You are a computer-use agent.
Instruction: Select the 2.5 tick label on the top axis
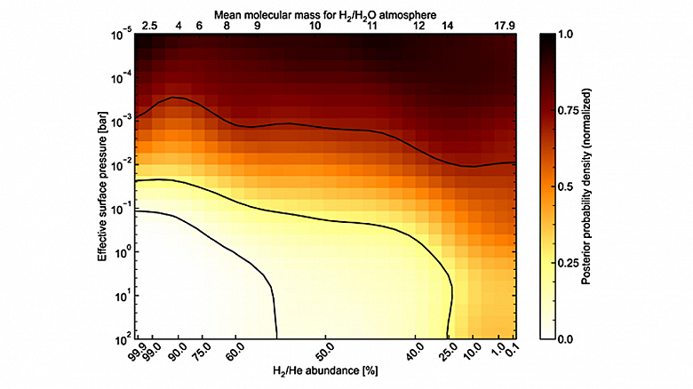pos(149,26)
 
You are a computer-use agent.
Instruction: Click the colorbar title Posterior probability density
pos(612,187)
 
